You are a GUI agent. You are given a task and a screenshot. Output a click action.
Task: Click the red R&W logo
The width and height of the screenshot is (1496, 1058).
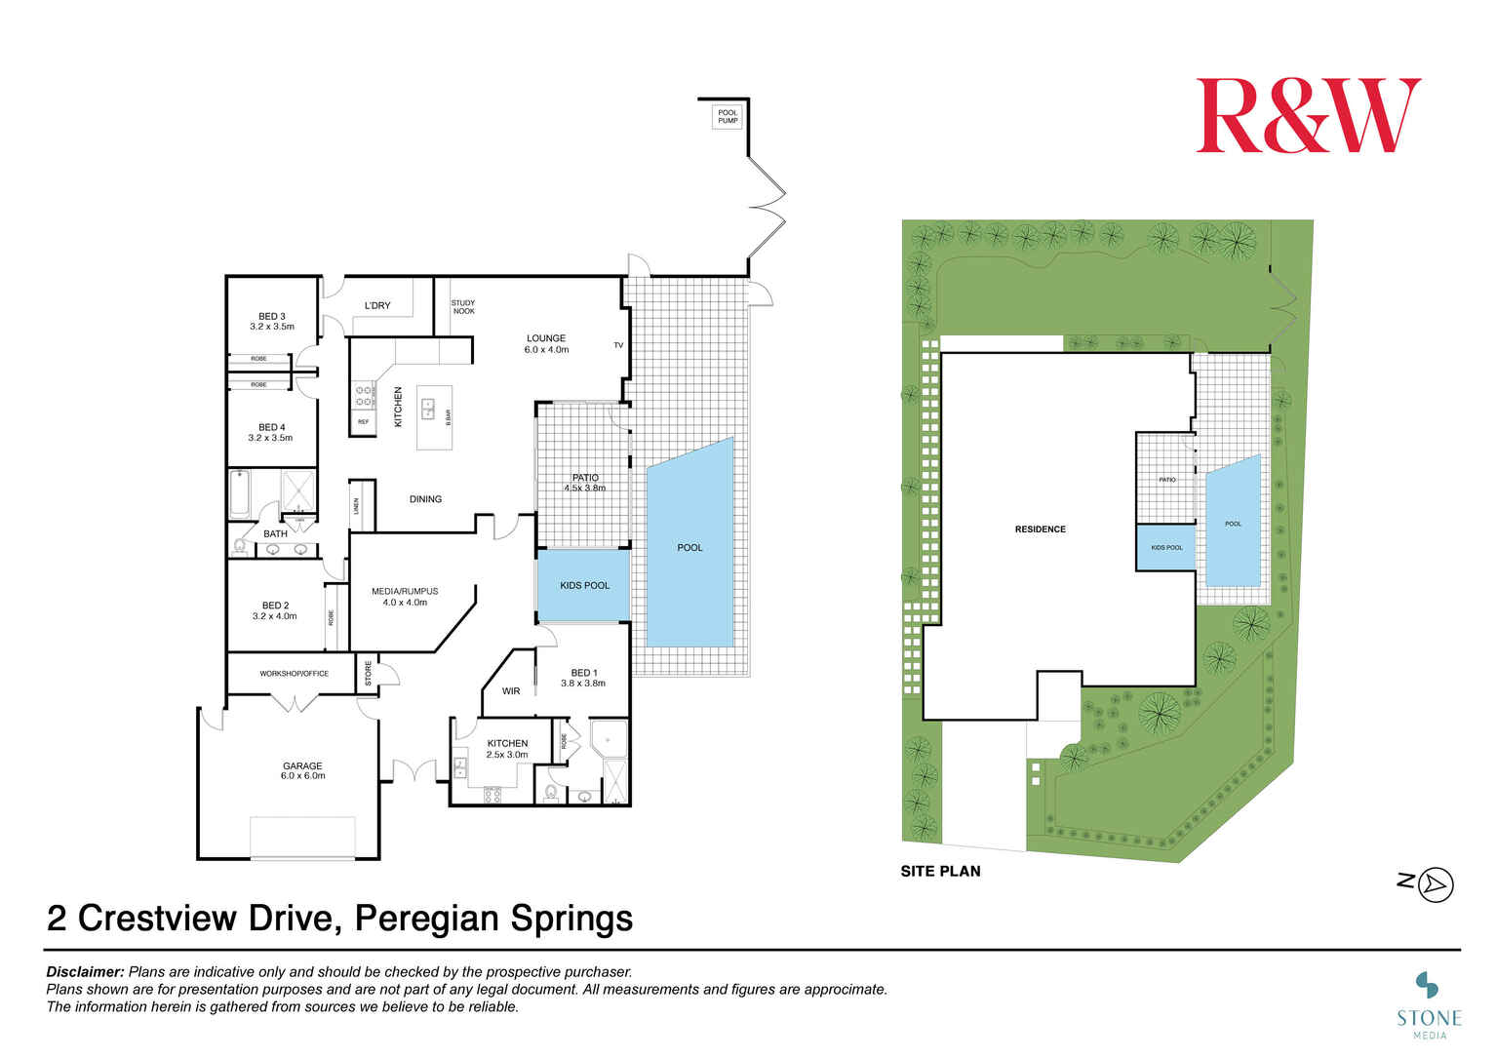coord(1308,116)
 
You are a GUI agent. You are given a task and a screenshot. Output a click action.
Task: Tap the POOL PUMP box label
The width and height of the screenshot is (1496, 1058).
coord(728,116)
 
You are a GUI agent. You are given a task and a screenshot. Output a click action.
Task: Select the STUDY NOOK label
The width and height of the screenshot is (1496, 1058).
coord(463,307)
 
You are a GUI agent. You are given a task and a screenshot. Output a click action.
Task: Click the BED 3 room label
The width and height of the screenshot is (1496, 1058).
coord(272,321)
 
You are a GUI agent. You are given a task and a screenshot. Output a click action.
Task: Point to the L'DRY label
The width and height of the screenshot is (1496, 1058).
coord(377,306)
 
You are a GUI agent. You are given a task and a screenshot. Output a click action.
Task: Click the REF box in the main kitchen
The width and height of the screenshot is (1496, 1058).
coord(363,422)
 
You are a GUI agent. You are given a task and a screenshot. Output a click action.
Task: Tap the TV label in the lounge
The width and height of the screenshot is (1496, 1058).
coord(618,345)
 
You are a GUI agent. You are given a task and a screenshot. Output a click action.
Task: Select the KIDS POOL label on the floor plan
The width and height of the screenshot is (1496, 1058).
coord(584,585)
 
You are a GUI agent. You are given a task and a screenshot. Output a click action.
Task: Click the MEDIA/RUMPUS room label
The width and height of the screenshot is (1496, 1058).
coord(405,596)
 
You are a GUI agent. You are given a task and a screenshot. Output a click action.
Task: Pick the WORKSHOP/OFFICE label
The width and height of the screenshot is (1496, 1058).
coord(294,674)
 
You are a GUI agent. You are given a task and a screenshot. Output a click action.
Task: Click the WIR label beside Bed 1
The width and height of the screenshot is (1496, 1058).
coord(511,691)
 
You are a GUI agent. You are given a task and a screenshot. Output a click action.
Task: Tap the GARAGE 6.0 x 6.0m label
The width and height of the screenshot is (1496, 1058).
coord(302,770)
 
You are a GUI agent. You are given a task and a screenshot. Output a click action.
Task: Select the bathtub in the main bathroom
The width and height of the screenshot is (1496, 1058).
coord(240,494)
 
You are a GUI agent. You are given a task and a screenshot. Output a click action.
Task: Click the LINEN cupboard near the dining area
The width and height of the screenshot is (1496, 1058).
coord(357,506)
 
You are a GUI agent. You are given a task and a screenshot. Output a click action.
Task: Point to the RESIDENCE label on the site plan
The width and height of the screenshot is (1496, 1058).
coord(1040,529)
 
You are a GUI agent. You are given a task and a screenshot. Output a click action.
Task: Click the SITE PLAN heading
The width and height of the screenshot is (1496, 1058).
coord(940,871)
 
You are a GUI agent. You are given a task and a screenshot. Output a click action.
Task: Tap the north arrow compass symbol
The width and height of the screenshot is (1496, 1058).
coord(1436,884)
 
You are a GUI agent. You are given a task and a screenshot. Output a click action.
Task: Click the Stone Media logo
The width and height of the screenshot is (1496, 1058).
coord(1429,999)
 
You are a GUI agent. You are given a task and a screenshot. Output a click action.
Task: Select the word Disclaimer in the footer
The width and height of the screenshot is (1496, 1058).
coord(85,972)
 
